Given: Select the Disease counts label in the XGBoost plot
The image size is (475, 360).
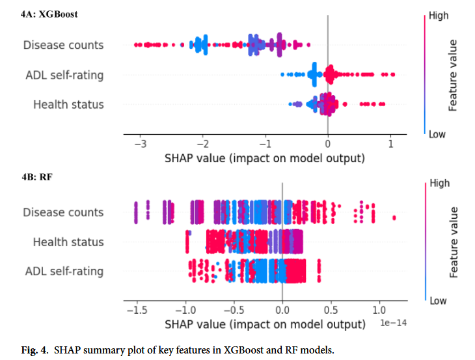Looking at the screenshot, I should (x=63, y=45).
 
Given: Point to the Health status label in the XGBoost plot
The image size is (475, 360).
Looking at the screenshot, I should (x=68, y=104).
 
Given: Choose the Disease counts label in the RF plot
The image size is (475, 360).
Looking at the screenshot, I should (x=63, y=212).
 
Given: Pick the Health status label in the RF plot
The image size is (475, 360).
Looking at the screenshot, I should (x=68, y=242).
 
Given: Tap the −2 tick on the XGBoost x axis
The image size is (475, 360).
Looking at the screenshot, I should (x=202, y=144).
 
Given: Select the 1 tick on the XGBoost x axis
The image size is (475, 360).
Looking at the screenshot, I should (x=390, y=144).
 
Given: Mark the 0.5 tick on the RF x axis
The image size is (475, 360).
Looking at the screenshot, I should (x=331, y=311).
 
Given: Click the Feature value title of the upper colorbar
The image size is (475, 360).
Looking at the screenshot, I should (x=454, y=75).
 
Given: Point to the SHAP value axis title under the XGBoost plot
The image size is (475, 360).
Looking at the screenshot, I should (x=264, y=158).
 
